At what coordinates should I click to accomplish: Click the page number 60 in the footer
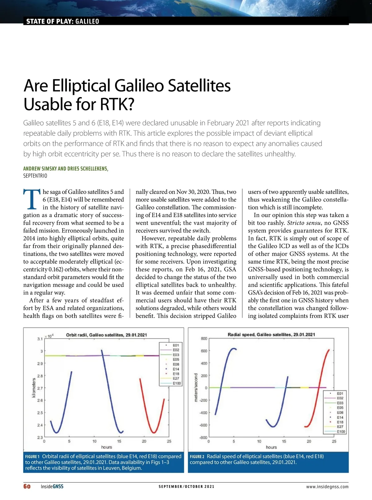pyautogui.click(x=27, y=486)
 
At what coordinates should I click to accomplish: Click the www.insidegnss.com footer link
pyautogui.click(x=327, y=487)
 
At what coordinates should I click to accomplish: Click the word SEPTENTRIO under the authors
pyautogui.click(x=35, y=176)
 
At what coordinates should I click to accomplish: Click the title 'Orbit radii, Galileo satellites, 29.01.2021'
pyautogui.click(x=106, y=335)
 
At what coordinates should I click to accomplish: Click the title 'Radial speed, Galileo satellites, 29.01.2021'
pyautogui.click(x=271, y=334)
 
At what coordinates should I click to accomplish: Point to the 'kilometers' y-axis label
pyautogui.click(x=34, y=387)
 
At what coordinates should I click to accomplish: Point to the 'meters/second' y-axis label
pyautogui.click(x=196, y=387)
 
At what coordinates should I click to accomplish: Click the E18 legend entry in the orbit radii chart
pyautogui.click(x=175, y=374)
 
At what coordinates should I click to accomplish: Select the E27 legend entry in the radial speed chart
pyautogui.click(x=340, y=427)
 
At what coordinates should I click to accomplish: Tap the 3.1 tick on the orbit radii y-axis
pyautogui.click(x=40, y=339)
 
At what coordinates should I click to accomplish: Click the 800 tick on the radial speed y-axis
pyautogui.click(x=204, y=338)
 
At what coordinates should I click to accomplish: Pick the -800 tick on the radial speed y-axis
pyautogui.click(x=203, y=437)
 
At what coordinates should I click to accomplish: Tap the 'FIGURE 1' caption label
pyautogui.click(x=32, y=457)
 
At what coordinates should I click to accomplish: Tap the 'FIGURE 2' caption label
pyautogui.click(x=197, y=457)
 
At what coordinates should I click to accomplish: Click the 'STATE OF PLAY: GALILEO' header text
pyautogui.click(x=63, y=21)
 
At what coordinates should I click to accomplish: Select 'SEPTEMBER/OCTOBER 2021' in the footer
pyautogui.click(x=186, y=487)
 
